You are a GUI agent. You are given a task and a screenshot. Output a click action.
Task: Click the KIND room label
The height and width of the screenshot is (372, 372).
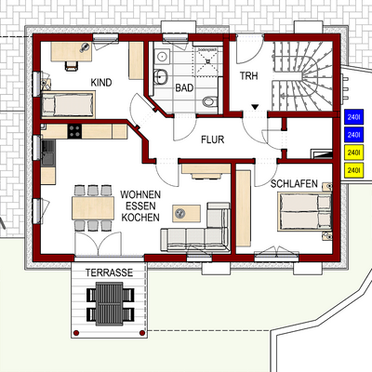pos(101,83)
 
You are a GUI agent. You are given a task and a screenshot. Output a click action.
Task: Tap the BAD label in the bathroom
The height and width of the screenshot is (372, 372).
pos(184,87)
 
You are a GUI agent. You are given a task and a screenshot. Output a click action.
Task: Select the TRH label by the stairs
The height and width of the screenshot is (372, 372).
pos(248,75)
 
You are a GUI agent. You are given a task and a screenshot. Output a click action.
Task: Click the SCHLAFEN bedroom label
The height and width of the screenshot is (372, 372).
pos(296,183)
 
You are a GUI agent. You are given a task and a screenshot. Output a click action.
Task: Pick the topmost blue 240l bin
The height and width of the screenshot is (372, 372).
pos(353,118)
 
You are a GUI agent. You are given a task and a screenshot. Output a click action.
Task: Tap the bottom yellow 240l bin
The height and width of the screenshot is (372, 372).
pos(353,170)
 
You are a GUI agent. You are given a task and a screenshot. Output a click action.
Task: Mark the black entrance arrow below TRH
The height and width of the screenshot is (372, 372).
pos(254,109)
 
